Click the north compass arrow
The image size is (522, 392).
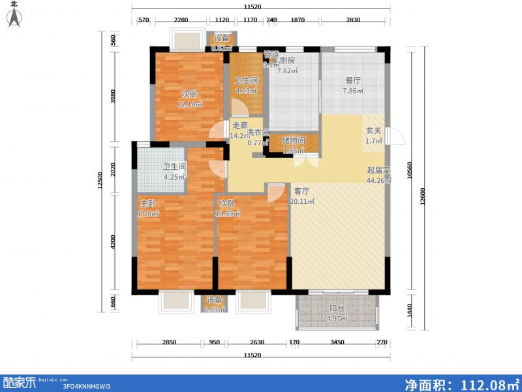pos(14,18)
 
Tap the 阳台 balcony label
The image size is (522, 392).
pos(337,308)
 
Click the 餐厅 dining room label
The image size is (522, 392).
pos(353,80)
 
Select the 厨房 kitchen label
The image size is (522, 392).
pos(287,61)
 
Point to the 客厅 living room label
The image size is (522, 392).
pos(301,191)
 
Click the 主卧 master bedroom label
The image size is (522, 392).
pos(147,203)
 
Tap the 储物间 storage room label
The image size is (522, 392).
pos(292,140)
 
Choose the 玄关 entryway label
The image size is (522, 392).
pos(373,130)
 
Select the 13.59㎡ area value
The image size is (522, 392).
pos(229,214)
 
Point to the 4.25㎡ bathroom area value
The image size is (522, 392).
pos(174,176)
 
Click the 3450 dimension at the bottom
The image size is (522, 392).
pos(338,342)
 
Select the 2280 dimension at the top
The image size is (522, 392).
pos(181,20)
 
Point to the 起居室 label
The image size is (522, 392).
pos(378,170)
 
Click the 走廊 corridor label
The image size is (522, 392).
pos(239,125)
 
